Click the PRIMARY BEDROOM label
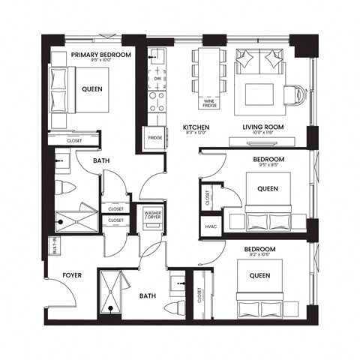(x=101, y=55)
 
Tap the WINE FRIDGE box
(x=209, y=103)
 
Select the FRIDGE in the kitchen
(x=154, y=138)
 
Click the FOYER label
(x=72, y=275)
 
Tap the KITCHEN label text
(x=196, y=128)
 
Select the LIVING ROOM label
(x=261, y=128)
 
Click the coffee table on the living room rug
(x=260, y=93)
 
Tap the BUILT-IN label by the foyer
(x=53, y=245)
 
